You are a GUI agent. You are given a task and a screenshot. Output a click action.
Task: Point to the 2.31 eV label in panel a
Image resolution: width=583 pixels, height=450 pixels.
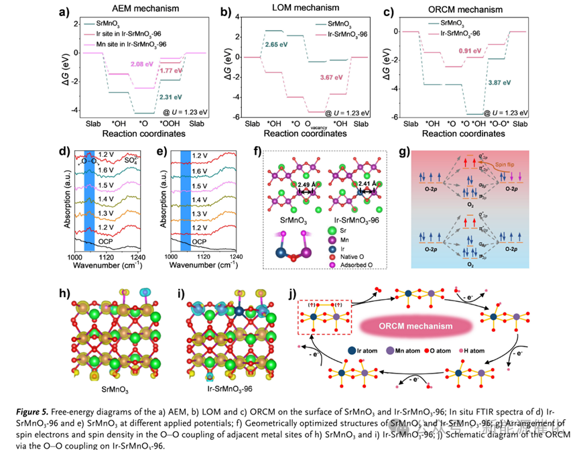(x=170, y=97)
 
